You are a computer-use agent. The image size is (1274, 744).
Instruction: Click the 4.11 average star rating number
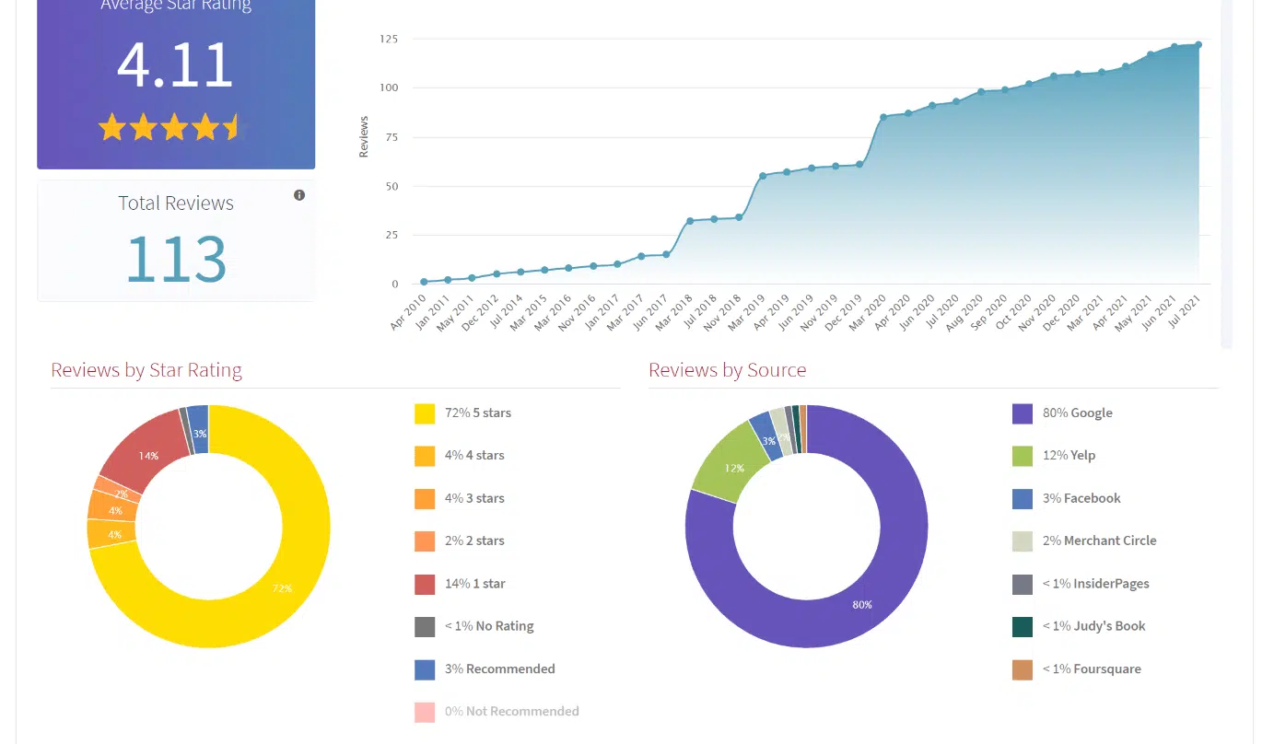pyautogui.click(x=175, y=65)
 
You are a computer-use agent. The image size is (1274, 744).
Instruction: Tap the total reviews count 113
pyautogui.click(x=175, y=259)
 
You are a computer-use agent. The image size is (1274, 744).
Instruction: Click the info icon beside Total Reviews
pyautogui.click(x=299, y=195)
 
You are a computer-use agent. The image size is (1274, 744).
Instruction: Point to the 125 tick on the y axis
pyautogui.click(x=388, y=39)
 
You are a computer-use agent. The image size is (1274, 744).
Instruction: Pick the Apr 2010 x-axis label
pyautogui.click(x=409, y=313)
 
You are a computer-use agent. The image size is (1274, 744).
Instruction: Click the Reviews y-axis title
pyautogui.click(x=364, y=136)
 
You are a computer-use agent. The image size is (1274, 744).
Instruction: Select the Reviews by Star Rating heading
pyautogui.click(x=146, y=370)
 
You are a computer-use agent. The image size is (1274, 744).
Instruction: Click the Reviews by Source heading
pyautogui.click(x=727, y=370)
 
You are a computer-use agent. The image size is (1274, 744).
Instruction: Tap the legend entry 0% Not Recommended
pyautogui.click(x=511, y=711)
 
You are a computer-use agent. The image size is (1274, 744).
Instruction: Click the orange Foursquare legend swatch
pyautogui.click(x=1022, y=669)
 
